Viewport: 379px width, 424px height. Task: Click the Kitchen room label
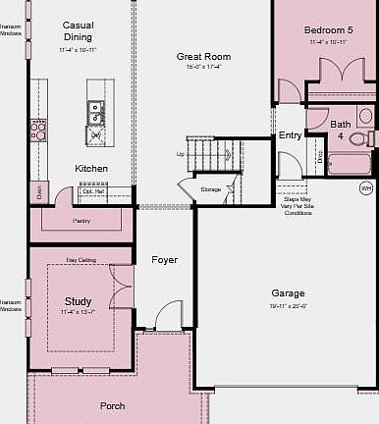click(x=91, y=168)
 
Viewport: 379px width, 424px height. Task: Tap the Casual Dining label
click(x=79, y=30)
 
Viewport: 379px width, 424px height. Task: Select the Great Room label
click(x=203, y=57)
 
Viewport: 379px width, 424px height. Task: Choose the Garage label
click(x=289, y=292)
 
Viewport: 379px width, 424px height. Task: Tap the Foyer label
click(x=164, y=260)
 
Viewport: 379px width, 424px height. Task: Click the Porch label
click(x=113, y=405)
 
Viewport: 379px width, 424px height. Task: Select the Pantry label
click(x=81, y=221)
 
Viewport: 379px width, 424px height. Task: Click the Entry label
click(x=291, y=135)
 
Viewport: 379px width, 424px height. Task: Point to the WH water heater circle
click(x=366, y=187)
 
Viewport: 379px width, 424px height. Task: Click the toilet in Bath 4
click(x=359, y=138)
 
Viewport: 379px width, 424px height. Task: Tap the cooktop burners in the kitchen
click(x=37, y=129)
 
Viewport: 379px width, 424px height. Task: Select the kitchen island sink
click(x=96, y=111)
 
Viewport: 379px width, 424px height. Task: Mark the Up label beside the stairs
click(x=180, y=154)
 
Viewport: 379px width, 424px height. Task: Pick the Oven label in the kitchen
click(x=40, y=192)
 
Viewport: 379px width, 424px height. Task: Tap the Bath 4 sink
click(x=365, y=116)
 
